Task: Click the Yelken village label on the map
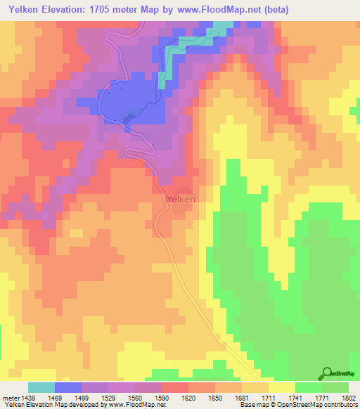click(x=181, y=200)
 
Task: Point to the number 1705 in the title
click(x=100, y=10)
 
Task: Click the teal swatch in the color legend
click(x=41, y=387)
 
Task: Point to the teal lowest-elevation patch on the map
click(x=222, y=28)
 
